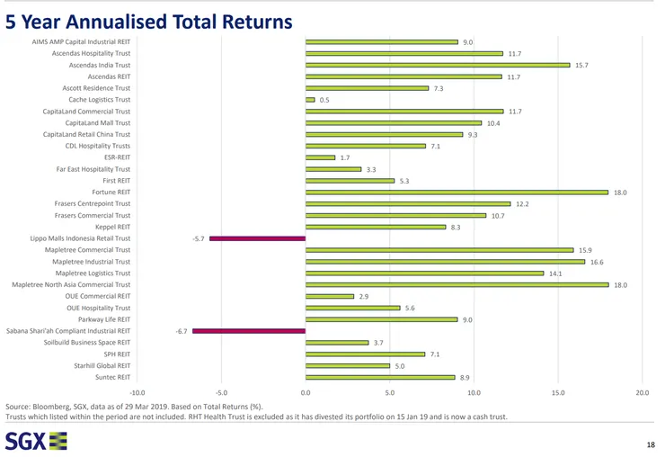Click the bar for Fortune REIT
457,193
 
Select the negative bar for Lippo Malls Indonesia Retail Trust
257,238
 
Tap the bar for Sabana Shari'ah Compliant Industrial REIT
249,331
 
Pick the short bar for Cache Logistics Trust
310,100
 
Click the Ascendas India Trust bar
438,65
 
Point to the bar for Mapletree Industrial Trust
445,262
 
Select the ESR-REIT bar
320,157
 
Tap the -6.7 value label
181,331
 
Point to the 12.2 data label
522,204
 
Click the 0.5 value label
324,100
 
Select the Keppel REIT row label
112,227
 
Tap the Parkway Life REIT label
104,319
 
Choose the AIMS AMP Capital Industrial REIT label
81,41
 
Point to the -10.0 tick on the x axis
137,392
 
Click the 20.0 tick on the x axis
642,392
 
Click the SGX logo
36,440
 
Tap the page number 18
651,445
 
